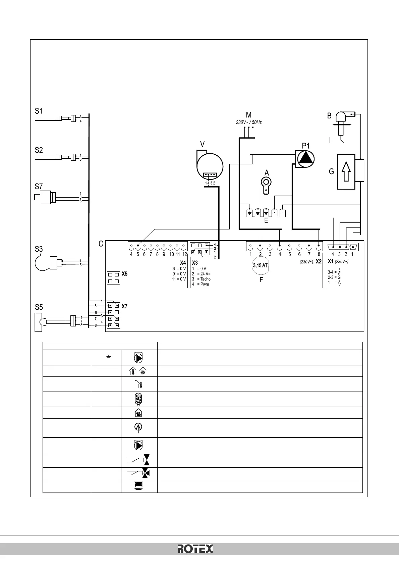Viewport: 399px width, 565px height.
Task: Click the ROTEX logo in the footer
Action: [195, 549]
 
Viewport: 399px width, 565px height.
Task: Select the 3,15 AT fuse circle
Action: [260, 265]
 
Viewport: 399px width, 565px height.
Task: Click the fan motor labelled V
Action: [210, 166]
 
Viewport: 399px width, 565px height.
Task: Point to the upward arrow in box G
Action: [346, 171]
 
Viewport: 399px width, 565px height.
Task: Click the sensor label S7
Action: [39, 187]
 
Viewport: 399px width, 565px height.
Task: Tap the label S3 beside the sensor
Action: [39, 249]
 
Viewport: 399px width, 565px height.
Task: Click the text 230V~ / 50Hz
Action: [249, 122]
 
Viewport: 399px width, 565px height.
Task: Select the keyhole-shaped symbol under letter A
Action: [266, 184]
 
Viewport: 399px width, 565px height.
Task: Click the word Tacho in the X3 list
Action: [206, 279]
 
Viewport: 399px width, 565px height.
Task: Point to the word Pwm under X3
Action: [205, 285]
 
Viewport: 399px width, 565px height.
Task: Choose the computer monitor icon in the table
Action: [139, 485]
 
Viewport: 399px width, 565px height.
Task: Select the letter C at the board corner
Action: [101, 244]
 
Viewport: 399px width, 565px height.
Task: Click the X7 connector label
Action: [124, 306]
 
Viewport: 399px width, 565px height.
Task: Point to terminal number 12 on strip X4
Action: [184, 255]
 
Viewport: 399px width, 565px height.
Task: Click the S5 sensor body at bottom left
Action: [39, 322]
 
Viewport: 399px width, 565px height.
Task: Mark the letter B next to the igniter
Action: [329, 116]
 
